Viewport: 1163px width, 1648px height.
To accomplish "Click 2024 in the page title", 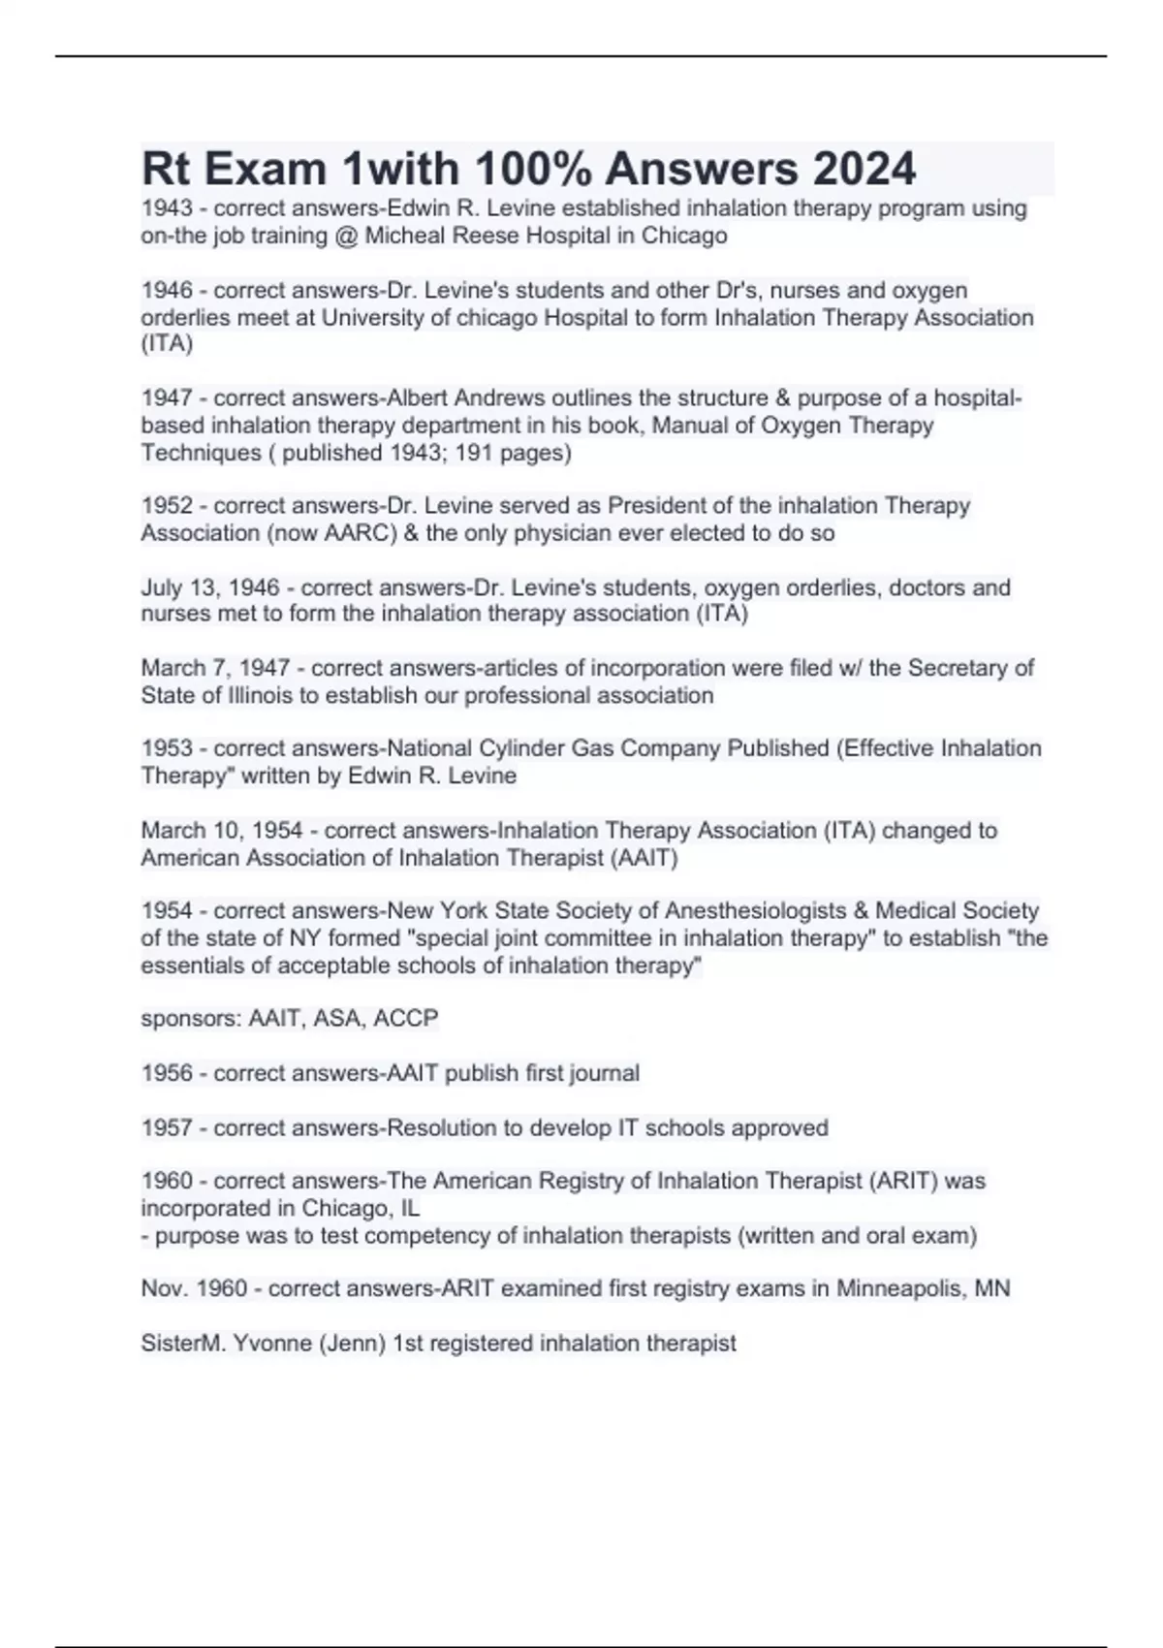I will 864,169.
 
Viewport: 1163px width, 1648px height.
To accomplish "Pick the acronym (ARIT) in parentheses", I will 903,1182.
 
